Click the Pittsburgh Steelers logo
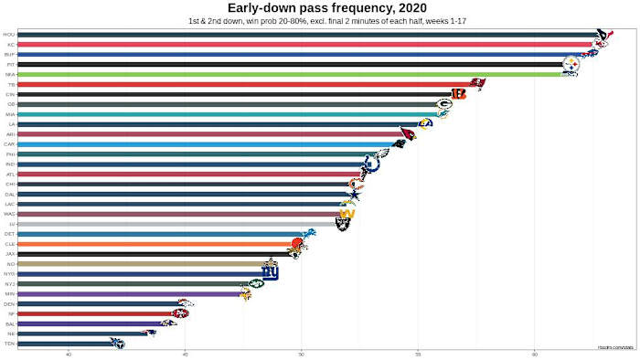pyautogui.click(x=571, y=65)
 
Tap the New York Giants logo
pyautogui.click(x=270, y=273)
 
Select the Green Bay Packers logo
pyautogui.click(x=443, y=104)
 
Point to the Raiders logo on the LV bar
pyautogui.click(x=343, y=223)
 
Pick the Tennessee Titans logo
pyautogui.click(x=116, y=344)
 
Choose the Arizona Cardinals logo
pyautogui.click(x=407, y=134)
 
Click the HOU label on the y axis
pyautogui.click(x=9, y=35)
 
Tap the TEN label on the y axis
pyautogui.click(x=9, y=344)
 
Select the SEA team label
pyautogui.click(x=9, y=75)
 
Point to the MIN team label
pyautogui.click(x=9, y=293)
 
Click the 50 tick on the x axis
pyautogui.click(x=301, y=355)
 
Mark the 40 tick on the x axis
pyautogui.click(x=69, y=355)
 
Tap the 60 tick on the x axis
pyautogui.click(x=534, y=355)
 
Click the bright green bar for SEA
pyautogui.click(x=274, y=75)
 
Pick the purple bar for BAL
pyautogui.click(x=91, y=323)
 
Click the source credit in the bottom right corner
pyautogui.click(x=616, y=346)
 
